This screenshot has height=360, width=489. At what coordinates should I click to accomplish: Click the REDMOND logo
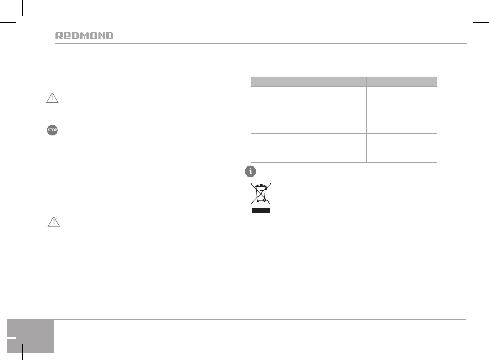pyautogui.click(x=84, y=36)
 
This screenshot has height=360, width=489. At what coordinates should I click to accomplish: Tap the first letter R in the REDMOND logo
pyautogui.click(x=59, y=36)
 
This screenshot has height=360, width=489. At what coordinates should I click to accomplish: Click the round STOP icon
pyautogui.click(x=52, y=130)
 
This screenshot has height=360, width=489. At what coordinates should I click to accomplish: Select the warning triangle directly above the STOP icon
pyautogui.click(x=52, y=98)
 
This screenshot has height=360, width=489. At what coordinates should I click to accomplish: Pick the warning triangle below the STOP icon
pyautogui.click(x=54, y=222)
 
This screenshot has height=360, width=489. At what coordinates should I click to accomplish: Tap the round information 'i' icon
pyautogui.click(x=251, y=171)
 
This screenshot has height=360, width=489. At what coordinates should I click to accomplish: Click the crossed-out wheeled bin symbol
pyautogui.click(x=261, y=194)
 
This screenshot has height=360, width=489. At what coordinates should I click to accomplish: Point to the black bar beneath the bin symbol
pyautogui.click(x=261, y=211)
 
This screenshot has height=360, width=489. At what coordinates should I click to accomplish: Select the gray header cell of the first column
pyautogui.click(x=280, y=82)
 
